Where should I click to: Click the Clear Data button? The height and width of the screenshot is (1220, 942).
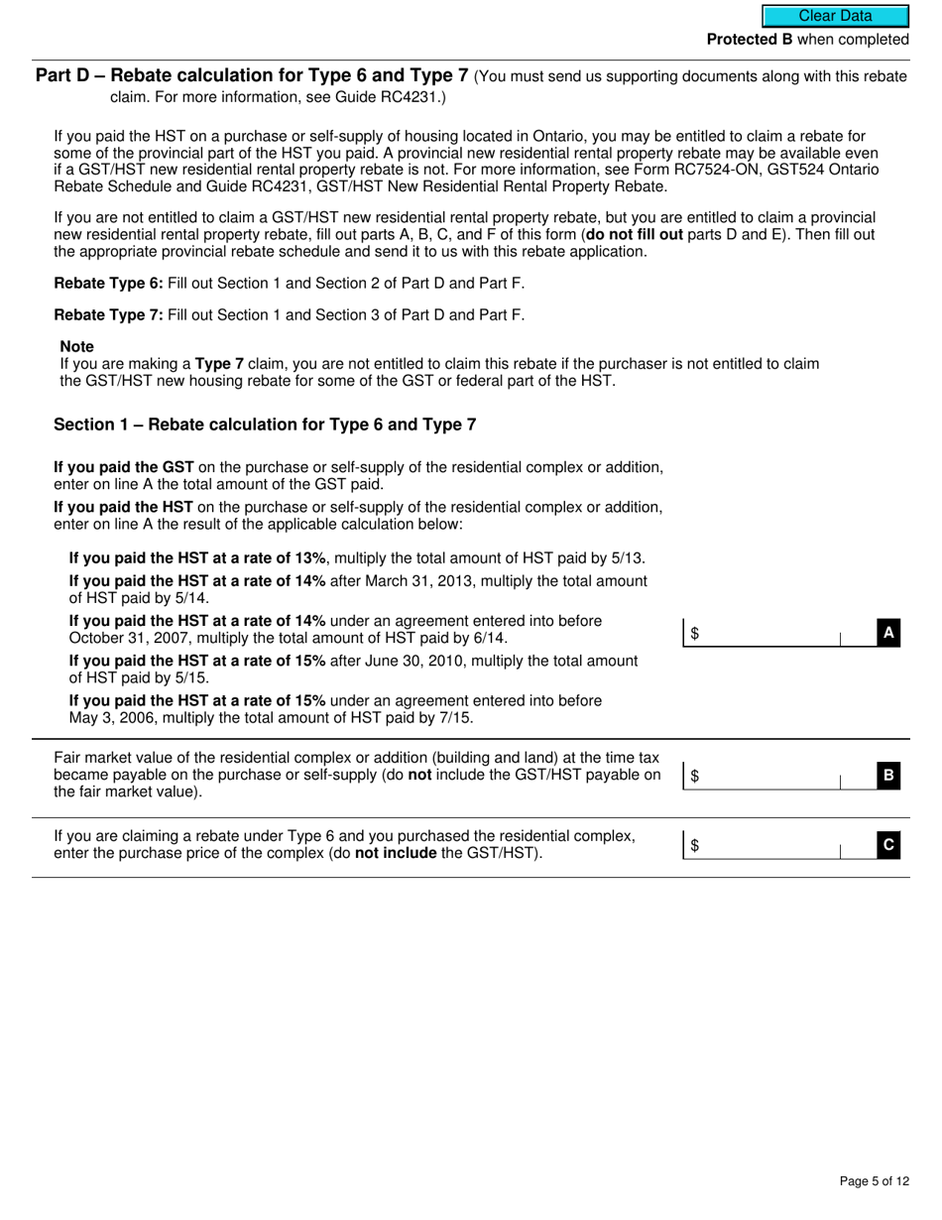pos(835,16)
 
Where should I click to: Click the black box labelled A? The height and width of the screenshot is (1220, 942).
pos(888,633)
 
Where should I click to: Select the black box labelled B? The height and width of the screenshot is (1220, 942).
pos(888,776)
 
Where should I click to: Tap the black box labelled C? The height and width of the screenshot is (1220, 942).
pos(888,845)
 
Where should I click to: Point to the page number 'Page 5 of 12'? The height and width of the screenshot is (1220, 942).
pos(873,1180)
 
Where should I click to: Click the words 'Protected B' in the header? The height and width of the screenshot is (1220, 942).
pos(749,40)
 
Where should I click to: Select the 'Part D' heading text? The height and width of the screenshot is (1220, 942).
pos(251,76)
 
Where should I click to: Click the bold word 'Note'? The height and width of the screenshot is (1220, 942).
pos(77,346)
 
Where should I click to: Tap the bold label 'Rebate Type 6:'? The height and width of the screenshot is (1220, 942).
pos(108,283)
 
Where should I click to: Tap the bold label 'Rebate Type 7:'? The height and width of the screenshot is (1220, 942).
pos(108,315)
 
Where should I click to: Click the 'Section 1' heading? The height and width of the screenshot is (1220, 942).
pos(264,425)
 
